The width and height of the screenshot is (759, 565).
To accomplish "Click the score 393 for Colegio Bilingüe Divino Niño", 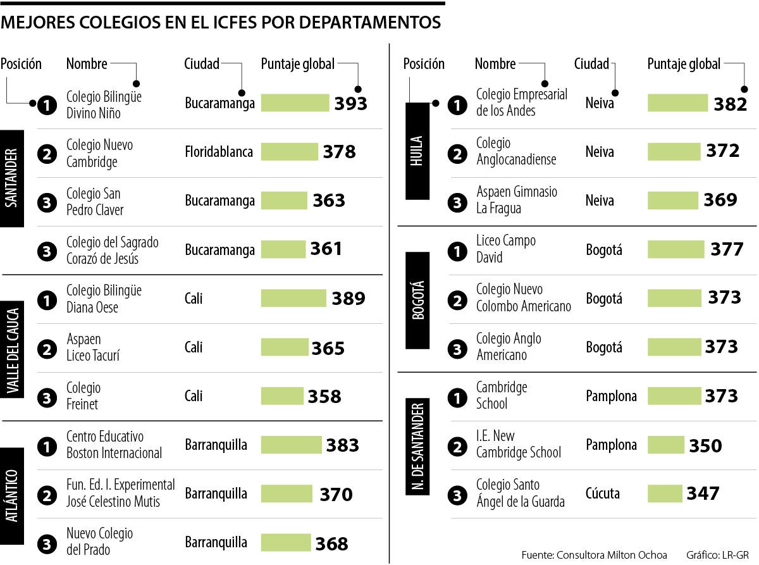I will [x=350, y=103].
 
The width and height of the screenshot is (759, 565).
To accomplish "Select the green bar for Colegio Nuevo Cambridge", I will [x=290, y=152].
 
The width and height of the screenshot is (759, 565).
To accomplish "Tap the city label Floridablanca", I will [x=219, y=152].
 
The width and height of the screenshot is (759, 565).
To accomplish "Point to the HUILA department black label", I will [x=417, y=151].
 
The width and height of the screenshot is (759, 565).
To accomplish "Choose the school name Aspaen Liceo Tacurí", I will [x=93, y=348].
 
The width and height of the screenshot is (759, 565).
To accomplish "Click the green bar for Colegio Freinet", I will [x=282, y=396].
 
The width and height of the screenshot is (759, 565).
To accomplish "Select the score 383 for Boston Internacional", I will [x=342, y=445].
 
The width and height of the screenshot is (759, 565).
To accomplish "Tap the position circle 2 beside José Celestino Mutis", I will [x=47, y=494].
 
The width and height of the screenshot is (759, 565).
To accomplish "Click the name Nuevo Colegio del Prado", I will [x=99, y=542].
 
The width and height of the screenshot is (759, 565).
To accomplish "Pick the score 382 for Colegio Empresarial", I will [x=731, y=104].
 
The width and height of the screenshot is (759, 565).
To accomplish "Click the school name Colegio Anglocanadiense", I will [x=515, y=152].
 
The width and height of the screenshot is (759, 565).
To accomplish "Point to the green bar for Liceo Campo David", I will [x=676, y=249].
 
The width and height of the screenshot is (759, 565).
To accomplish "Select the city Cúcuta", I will [x=603, y=494].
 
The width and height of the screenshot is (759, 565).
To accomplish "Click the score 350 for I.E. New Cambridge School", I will [x=705, y=446].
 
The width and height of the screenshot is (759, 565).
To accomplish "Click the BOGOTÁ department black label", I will [x=417, y=300].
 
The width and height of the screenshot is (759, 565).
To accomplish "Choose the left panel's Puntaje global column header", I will [x=297, y=64].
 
